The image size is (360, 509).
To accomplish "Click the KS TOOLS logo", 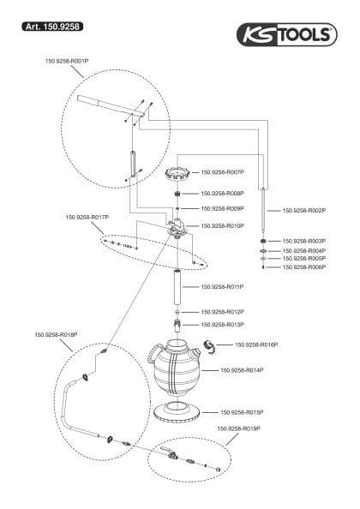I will tap(288, 33).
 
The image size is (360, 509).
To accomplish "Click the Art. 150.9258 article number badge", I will tap(52, 27).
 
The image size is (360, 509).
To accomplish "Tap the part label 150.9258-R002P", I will tap(304, 210).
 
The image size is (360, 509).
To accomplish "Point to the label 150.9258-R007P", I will tap(223, 171).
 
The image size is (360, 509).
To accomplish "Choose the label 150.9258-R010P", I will tap(223, 226).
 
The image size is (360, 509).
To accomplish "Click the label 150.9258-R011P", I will tap(223, 287).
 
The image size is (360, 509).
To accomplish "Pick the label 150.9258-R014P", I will tap(242, 370).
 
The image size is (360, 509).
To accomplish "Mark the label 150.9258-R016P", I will tap(256, 344).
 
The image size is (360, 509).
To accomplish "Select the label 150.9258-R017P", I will tap(87, 217).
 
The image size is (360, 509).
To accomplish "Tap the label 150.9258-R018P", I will tap(56, 335).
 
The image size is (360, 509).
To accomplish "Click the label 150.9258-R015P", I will tap(242, 412).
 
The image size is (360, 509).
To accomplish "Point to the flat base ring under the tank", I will tap(178, 411).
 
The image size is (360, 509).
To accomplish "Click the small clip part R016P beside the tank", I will tap(207, 346).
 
